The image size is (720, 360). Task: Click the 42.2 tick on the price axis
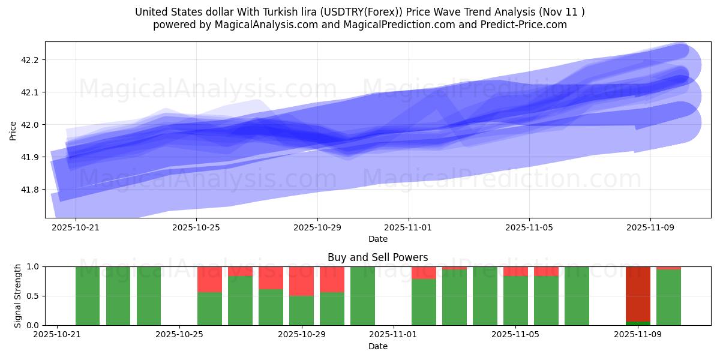tap(30, 60)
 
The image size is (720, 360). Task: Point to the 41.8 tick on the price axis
tap(30, 190)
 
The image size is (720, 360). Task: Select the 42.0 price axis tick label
tap(30, 125)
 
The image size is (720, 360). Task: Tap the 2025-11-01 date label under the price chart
tap(409, 228)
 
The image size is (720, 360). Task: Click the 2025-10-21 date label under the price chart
tap(76, 228)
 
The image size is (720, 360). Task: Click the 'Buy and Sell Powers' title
tap(377, 257)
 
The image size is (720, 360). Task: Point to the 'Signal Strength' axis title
tap(18, 296)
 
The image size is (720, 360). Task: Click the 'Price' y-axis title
tap(13, 130)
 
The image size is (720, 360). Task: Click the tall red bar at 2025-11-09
tap(638, 294)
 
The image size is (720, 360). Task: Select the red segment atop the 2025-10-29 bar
tap(301, 281)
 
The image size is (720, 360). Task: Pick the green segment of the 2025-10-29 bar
tap(301, 310)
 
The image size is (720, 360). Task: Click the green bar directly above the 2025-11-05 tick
tap(515, 300)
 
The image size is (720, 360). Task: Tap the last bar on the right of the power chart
tap(668, 297)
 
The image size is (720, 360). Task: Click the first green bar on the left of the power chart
tap(88, 296)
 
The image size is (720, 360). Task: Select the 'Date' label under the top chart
tap(377, 239)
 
